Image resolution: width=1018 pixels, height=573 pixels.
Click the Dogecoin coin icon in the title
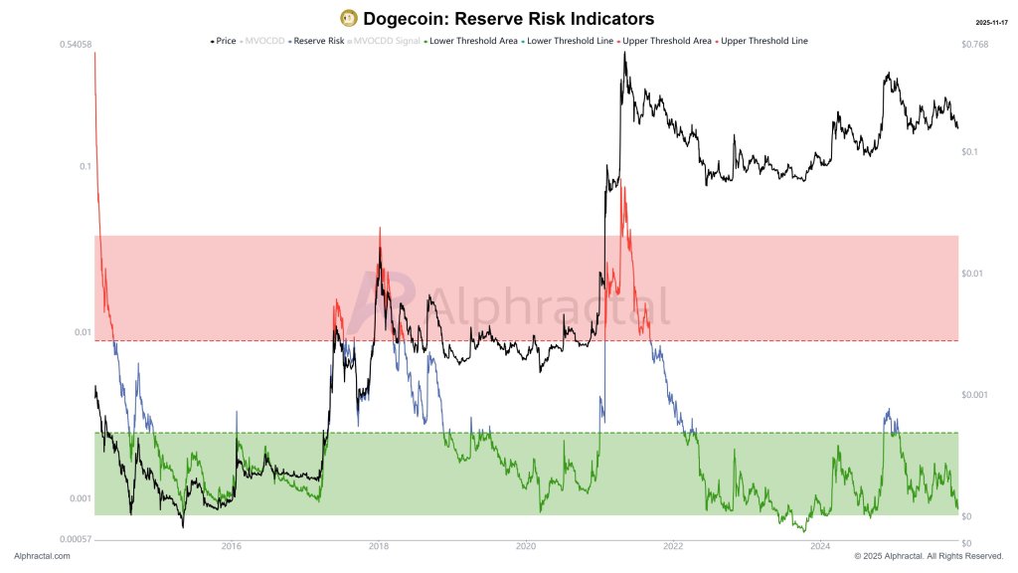tap(349, 18)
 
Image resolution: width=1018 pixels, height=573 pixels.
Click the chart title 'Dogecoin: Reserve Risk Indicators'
tap(509, 19)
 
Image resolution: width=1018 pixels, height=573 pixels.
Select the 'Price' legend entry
tap(225, 41)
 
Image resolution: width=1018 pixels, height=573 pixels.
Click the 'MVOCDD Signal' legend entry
tap(386, 41)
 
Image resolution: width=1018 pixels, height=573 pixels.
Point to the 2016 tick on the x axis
tap(232, 545)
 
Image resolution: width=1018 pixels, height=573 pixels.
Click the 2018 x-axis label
tap(379, 545)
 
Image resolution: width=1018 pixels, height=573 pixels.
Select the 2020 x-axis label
tap(526, 545)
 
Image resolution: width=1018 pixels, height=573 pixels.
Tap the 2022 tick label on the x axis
tap(673, 545)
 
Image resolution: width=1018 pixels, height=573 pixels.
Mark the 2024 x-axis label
tap(821, 545)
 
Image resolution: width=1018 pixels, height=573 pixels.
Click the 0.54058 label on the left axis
tap(77, 45)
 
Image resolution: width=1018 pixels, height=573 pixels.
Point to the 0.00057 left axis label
tap(77, 538)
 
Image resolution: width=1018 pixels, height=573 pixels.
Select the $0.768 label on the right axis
tap(975, 45)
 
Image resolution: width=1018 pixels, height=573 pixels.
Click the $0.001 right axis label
tap(976, 395)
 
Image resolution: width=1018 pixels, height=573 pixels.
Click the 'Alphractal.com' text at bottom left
tap(42, 556)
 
